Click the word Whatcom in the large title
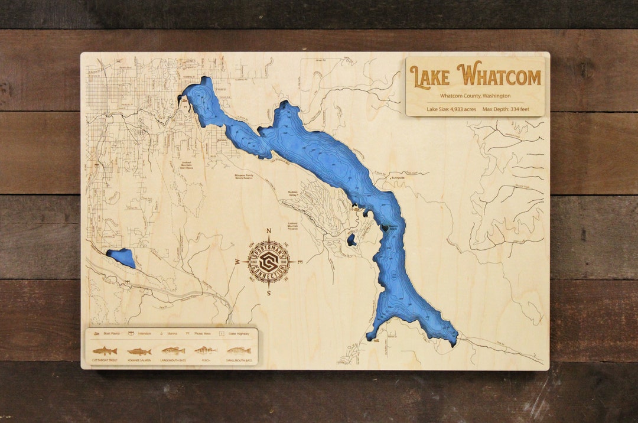coord(501,77)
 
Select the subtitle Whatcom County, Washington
coord(475,96)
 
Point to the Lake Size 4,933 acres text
coord(451,109)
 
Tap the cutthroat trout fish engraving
coord(105,350)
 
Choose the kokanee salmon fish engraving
coord(139,351)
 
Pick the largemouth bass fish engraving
coord(173,350)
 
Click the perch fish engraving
coord(206,350)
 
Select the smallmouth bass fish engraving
coord(239,350)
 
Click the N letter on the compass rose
coord(269,231)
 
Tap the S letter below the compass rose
coord(269,292)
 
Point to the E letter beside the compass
coord(300,261)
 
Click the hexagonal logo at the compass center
coord(269,261)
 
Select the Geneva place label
coord(222,140)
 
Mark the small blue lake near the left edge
coord(122,258)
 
